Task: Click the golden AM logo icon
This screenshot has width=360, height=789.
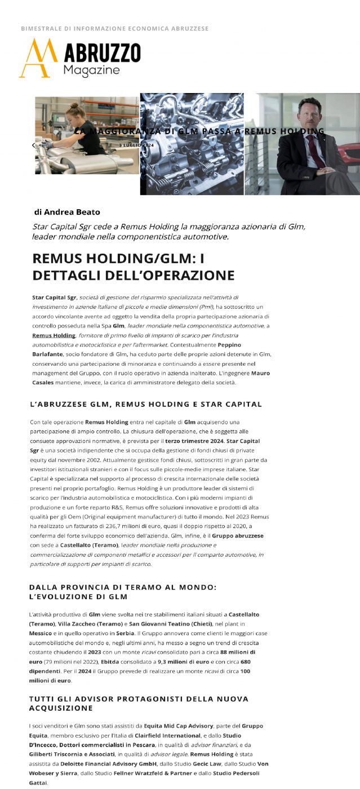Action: pyautogui.click(x=38, y=57)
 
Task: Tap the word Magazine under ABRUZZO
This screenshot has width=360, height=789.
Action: pyautogui.click(x=91, y=70)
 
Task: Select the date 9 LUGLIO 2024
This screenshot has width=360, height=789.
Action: pyautogui.click(x=136, y=145)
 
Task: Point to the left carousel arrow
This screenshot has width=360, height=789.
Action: pyautogui.click(x=33, y=145)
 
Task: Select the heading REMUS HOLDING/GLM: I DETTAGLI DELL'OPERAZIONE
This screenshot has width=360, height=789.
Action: pyautogui.click(x=134, y=267)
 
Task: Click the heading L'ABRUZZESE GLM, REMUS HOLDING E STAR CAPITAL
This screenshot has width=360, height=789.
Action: pyautogui.click(x=145, y=404)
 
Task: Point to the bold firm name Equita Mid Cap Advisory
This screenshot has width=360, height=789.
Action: pyautogui.click(x=179, y=725)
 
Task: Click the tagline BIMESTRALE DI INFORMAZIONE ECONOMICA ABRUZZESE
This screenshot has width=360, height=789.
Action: pyautogui.click(x=115, y=28)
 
